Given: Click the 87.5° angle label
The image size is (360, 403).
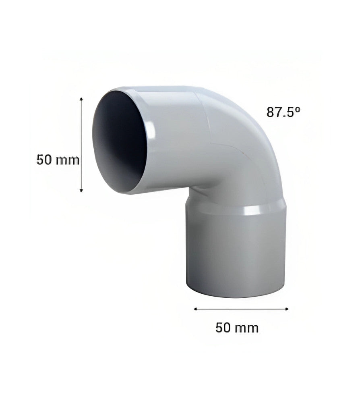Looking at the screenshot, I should pos(283,112).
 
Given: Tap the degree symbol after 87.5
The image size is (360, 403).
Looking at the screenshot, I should pos(298,109).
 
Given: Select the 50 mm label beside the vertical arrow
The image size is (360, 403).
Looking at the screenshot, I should pos(58,160).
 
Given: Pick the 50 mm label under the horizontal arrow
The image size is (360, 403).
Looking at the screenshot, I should pos(237,328).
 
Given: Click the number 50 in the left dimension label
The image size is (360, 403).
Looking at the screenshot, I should pos(44,160).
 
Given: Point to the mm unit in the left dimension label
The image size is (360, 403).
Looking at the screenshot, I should pos(68,160).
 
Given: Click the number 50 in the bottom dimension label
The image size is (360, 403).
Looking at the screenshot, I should pos(224,328).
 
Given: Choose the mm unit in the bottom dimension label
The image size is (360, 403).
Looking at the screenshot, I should pos(247,328).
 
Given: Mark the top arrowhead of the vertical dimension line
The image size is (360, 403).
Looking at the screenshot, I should pos(82,99).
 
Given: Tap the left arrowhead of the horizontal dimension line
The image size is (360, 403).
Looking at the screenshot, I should pos(196,309).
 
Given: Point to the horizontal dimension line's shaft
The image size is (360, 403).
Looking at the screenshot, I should pos(242,309).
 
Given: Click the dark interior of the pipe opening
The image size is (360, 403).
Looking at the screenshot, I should pos(121,137).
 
